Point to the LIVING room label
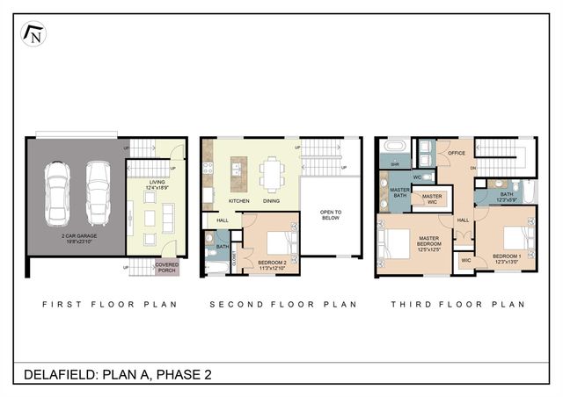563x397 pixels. pyautogui.click(x=157, y=184)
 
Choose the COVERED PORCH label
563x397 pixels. pyautogui.click(x=167, y=266)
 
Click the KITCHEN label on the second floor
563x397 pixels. pyautogui.click(x=239, y=201)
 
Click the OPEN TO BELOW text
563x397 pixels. pyautogui.click(x=330, y=214)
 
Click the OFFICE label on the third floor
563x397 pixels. pyautogui.click(x=456, y=154)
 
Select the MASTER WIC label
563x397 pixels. pyautogui.click(x=431, y=198)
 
